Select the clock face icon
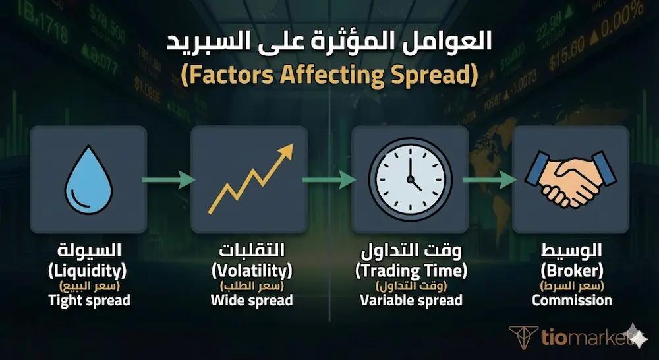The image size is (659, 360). point(410,179)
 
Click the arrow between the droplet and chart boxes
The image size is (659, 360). point(169,179)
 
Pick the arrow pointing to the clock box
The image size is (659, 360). point(329,179)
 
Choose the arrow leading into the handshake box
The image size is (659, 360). point(490,179)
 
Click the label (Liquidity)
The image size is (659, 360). point(88,270)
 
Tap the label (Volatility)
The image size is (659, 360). point(251,270)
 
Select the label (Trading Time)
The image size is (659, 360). point(411,270)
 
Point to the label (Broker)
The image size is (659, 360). point(571,270)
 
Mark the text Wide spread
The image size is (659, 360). point(251,301)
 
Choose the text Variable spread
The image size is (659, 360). point(411,301)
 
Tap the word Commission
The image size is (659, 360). point(571,301)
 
